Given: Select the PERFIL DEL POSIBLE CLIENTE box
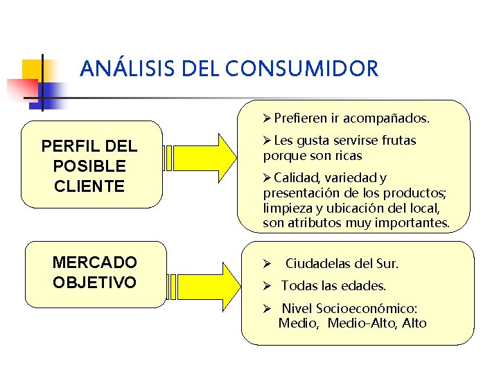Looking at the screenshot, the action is tap(92, 166).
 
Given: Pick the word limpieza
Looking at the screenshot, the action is tap(286, 208).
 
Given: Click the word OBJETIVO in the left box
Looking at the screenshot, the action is tap(95, 283).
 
